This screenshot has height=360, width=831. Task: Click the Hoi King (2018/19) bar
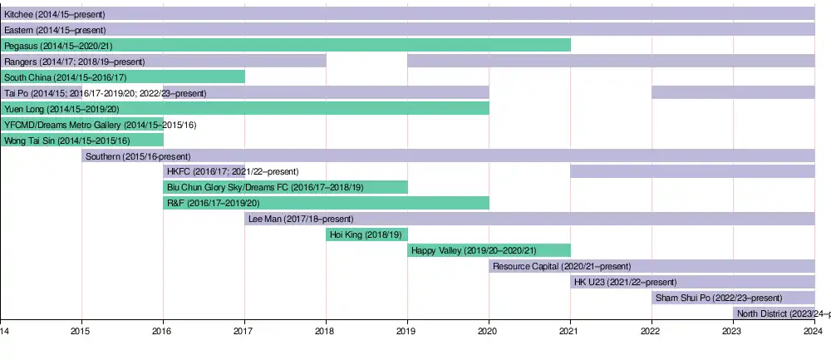366,234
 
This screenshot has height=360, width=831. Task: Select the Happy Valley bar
489,250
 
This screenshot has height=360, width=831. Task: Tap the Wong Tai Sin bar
81,141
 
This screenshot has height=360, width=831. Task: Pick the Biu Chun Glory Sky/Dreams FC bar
285,187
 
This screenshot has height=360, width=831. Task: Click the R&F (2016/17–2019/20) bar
326,203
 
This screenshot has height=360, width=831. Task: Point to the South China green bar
122,77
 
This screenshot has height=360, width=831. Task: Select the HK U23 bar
692,282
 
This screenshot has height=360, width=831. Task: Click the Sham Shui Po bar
733,298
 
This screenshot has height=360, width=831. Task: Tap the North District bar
774,313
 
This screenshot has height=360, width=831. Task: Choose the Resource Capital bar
652,266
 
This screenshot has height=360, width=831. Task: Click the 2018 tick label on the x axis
326,331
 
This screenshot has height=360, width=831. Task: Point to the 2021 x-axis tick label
570,331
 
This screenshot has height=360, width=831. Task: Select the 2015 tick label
81,331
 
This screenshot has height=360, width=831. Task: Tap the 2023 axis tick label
733,331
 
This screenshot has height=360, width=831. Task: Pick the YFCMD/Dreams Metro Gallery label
100,125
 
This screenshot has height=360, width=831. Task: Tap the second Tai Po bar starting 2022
733,93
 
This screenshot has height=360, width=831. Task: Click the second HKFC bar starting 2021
692,171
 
